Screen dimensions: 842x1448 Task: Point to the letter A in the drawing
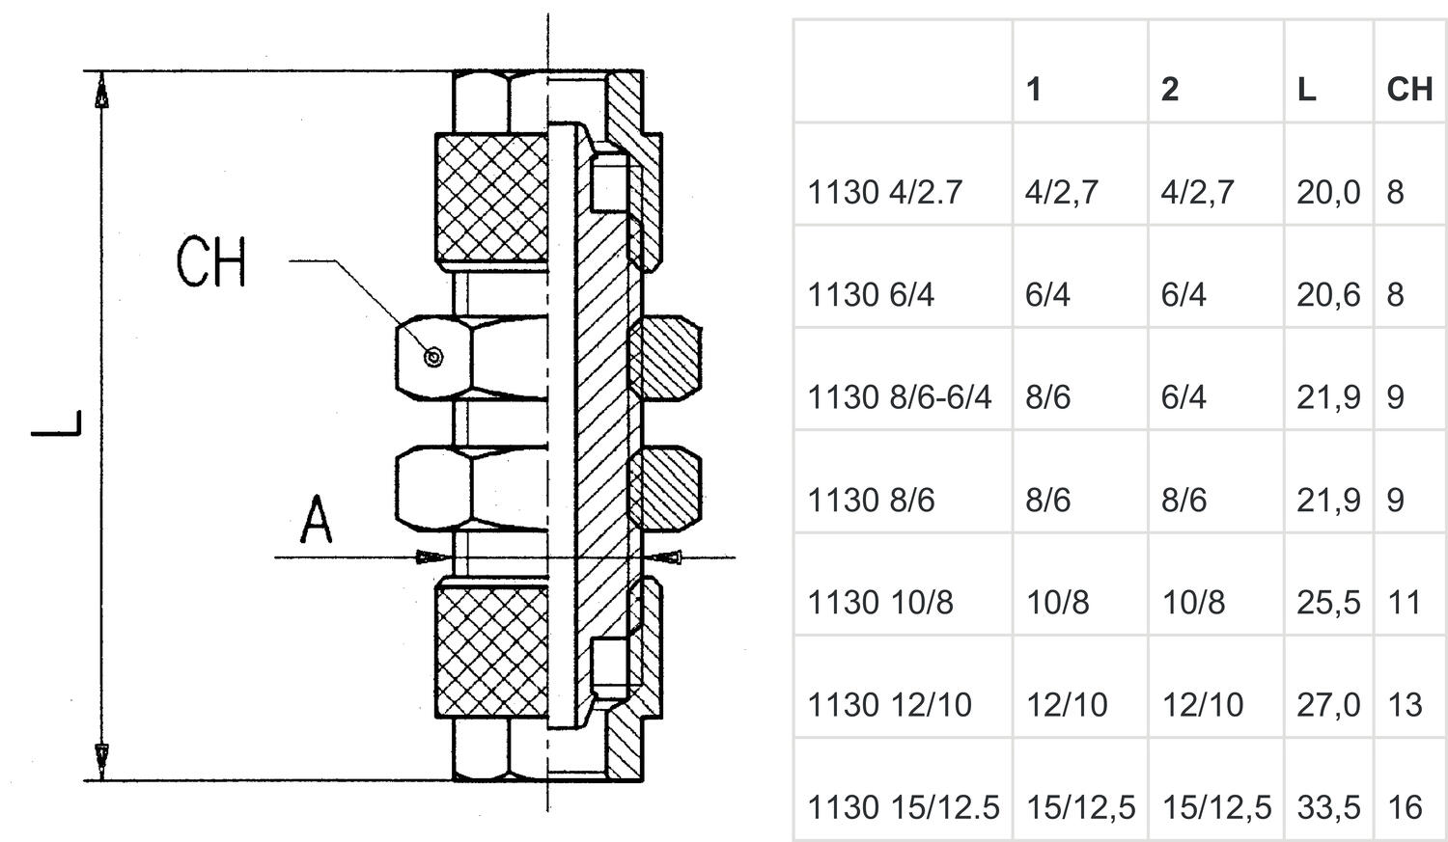pos(316,521)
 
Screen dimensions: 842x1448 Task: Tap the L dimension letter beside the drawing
pos(56,423)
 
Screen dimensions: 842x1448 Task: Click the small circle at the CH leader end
pos(434,358)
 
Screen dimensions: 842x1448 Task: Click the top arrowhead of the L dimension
pos(101,93)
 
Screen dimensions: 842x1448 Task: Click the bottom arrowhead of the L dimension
pos(101,757)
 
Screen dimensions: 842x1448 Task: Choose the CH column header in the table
pos(1409,90)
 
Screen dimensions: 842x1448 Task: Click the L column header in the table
pos(1306,90)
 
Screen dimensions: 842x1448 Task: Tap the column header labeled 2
pos(1170,90)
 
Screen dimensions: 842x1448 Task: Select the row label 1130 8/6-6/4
pos(899,397)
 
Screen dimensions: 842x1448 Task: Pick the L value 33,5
pos(1328,807)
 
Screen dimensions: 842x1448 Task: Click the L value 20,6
pos(1328,295)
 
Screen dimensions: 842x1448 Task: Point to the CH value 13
pos(1405,705)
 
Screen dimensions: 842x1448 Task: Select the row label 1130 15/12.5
pos(903,807)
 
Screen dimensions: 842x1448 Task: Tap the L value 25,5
pos(1328,603)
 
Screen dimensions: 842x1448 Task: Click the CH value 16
pos(1405,807)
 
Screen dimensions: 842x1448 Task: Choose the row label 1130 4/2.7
pos(884,193)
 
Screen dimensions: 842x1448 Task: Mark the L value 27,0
pos(1328,705)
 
